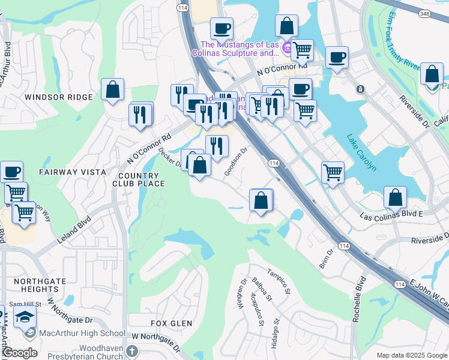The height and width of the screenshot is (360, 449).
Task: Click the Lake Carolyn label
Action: point(362,152)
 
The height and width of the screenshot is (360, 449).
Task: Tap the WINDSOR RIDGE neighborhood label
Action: point(50,97)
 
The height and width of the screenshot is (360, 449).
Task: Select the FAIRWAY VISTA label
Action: point(64,172)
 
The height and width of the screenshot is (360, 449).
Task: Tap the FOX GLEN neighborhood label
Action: point(172,323)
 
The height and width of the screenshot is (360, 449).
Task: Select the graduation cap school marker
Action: point(25,316)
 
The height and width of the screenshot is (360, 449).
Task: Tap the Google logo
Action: point(20,353)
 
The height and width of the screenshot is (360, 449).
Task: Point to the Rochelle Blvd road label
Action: point(359,300)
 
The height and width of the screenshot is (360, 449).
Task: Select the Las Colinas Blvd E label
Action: point(391,214)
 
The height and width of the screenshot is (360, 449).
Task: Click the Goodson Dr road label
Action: point(237,163)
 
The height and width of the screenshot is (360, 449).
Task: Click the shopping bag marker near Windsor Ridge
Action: point(112,90)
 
